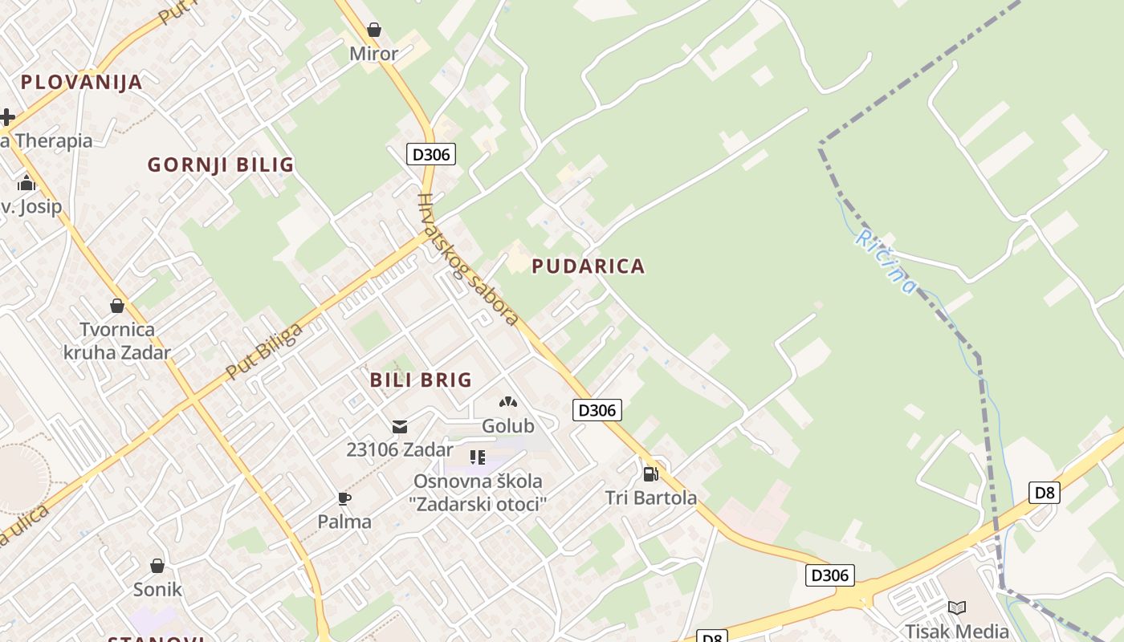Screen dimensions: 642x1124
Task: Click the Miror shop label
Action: pos(373,54)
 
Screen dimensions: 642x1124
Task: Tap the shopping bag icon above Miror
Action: pos(373,30)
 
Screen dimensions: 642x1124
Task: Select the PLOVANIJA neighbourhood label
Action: pos(81,82)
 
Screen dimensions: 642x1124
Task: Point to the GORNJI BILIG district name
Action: pos(221,165)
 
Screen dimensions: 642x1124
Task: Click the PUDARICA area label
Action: pos(588,266)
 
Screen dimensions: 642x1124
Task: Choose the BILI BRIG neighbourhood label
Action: pos(421,380)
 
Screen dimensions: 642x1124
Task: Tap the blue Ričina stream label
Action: pos(885,261)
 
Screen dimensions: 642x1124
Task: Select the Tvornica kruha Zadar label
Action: pos(117,341)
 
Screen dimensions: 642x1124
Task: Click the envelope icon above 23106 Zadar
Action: pos(399,427)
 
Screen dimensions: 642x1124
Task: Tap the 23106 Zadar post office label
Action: pos(399,449)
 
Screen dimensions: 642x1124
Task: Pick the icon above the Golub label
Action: pos(507,402)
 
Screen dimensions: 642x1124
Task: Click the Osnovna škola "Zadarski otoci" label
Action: pos(479,493)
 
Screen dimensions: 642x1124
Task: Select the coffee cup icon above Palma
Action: pos(344,498)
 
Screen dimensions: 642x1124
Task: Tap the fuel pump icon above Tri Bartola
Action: pos(650,473)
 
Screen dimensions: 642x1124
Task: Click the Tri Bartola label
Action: pos(651,498)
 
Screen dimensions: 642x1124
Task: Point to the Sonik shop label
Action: pos(157,590)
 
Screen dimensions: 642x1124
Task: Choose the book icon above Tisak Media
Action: pos(956,607)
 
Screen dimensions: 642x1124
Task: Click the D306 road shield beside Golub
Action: pos(597,410)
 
